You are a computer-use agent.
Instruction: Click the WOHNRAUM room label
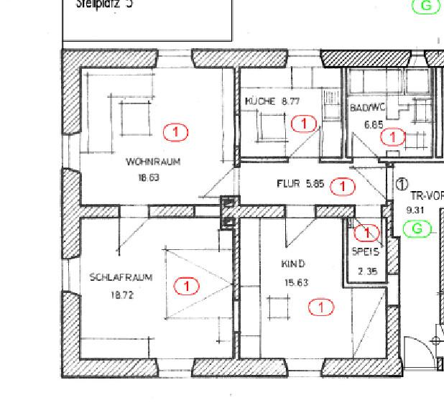152,162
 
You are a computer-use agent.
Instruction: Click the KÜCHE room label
260,101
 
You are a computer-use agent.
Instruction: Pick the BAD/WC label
368,108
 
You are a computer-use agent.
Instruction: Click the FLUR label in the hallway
288,184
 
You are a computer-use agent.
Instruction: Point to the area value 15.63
296,282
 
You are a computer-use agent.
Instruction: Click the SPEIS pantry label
365,252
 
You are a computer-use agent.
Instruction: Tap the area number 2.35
367,271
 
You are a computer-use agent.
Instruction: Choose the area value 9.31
415,210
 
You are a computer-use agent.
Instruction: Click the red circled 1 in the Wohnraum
175,131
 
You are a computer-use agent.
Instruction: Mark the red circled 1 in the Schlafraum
187,286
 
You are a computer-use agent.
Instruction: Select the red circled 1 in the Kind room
321,307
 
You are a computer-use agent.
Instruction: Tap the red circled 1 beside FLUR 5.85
343,187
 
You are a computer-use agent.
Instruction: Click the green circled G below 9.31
417,229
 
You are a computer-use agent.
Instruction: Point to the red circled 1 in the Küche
305,124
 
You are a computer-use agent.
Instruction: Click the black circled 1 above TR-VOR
402,185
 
